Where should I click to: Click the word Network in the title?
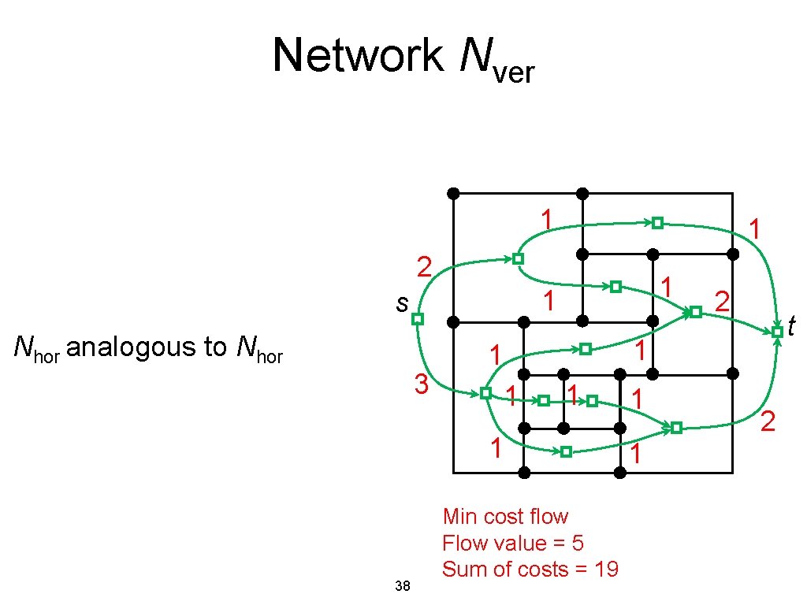(358, 56)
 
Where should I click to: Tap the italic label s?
(402, 302)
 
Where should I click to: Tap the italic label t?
(791, 323)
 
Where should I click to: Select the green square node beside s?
(418, 319)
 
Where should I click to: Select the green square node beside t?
(777, 332)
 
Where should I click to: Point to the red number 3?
(422, 385)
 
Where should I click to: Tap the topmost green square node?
(656, 223)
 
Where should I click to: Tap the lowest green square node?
(566, 451)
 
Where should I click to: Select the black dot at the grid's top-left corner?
(453, 193)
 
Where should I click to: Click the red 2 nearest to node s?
(424, 268)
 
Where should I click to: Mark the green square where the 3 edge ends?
(485, 392)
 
